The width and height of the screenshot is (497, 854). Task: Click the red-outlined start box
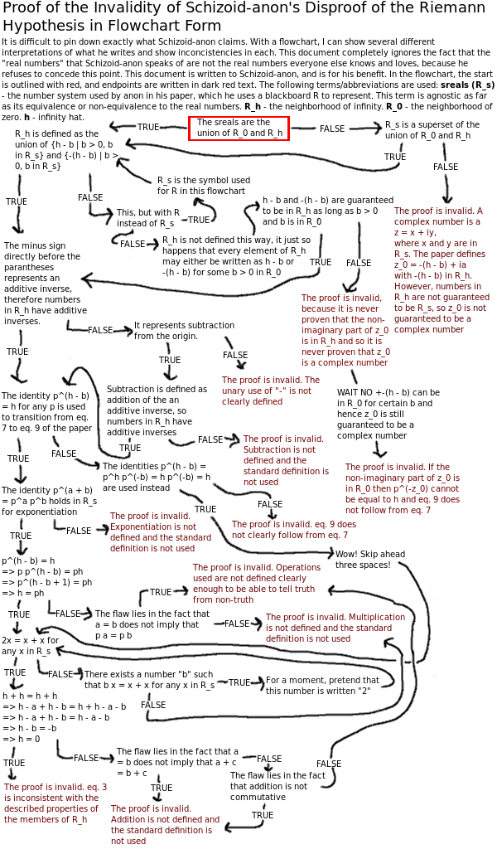pos(239,128)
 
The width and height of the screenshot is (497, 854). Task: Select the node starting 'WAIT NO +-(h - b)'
pos(388,413)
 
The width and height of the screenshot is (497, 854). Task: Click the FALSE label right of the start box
pos(332,129)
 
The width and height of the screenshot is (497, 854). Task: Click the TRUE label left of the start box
pos(148,127)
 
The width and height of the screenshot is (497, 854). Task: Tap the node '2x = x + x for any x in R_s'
pos(30,646)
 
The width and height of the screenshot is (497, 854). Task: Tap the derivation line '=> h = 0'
pos(22,739)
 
